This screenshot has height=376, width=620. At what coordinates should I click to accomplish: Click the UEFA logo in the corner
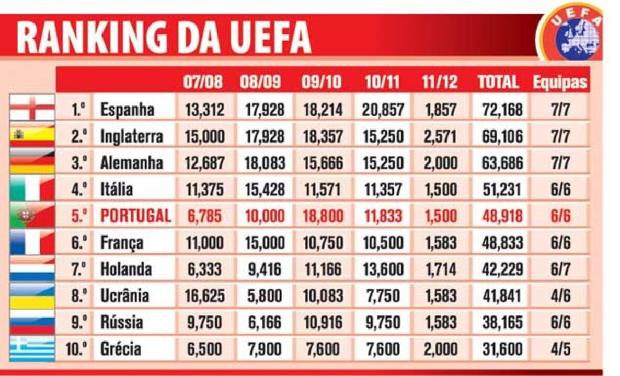(572, 32)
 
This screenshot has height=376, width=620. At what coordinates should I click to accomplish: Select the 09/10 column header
(322, 82)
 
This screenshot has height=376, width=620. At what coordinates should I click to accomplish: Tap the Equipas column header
(560, 82)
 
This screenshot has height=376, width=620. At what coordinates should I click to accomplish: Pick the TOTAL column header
(498, 82)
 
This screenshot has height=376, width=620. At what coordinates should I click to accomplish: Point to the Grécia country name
(120, 348)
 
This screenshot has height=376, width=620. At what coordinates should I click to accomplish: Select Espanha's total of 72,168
(500, 110)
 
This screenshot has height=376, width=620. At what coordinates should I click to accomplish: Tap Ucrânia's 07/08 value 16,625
(204, 296)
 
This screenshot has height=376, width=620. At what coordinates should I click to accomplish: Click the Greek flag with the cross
(32, 348)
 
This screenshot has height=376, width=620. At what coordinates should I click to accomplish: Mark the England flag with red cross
(32, 108)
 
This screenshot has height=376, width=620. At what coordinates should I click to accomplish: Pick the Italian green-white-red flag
(32, 189)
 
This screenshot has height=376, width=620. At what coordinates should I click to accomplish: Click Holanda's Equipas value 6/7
(560, 269)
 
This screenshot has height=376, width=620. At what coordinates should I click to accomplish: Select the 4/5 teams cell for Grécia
(560, 348)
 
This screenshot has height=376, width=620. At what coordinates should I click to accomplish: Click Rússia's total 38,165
(500, 322)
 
